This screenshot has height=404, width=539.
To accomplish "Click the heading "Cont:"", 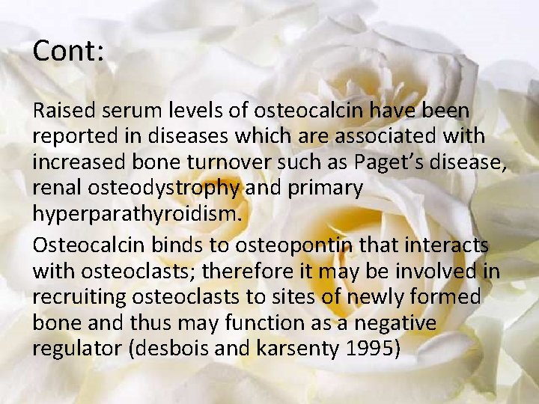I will [x=68, y=51].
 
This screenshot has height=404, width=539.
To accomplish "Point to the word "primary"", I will [x=325, y=188].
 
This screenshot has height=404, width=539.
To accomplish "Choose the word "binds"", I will [x=180, y=245].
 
